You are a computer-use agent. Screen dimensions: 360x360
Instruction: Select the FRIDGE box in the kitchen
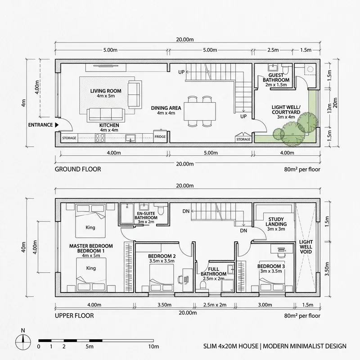pyautogui.click(x=160, y=137)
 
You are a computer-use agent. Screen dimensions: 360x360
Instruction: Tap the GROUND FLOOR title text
pyautogui.click(x=77, y=170)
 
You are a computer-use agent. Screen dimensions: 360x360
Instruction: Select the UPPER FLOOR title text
pyautogui.click(x=74, y=316)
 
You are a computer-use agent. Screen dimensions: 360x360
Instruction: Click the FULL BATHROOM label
pyautogui.click(x=213, y=273)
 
